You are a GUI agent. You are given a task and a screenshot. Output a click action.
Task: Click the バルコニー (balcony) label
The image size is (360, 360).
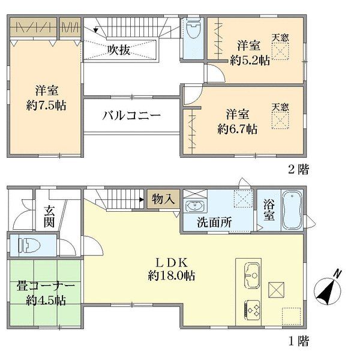pos(131,115)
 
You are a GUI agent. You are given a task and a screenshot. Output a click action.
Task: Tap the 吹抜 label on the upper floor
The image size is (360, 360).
pos(119,50)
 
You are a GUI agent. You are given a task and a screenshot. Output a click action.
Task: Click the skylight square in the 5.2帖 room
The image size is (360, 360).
pos(280,53)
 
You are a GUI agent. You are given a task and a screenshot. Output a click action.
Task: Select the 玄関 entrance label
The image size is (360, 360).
pos(49,217)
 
